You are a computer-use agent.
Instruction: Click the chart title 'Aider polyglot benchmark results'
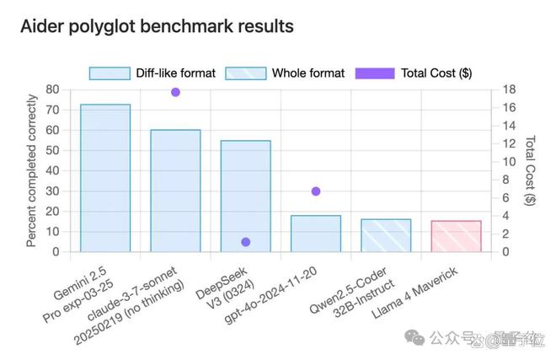157,26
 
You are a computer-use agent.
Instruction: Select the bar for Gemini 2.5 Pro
105,178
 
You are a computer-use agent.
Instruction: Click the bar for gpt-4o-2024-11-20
316,234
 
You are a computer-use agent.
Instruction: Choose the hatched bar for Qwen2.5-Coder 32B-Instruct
386,235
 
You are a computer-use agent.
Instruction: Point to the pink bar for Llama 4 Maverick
456,236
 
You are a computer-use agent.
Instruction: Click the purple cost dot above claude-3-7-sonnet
175,92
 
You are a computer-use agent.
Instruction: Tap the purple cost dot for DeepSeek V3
246,242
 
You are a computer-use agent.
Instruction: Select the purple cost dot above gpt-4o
316,191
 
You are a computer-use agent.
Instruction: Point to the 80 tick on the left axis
52,89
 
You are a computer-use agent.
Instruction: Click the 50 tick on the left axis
52,150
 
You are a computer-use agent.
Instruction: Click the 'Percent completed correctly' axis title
31,170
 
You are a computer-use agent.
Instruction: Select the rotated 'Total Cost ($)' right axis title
530,170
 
